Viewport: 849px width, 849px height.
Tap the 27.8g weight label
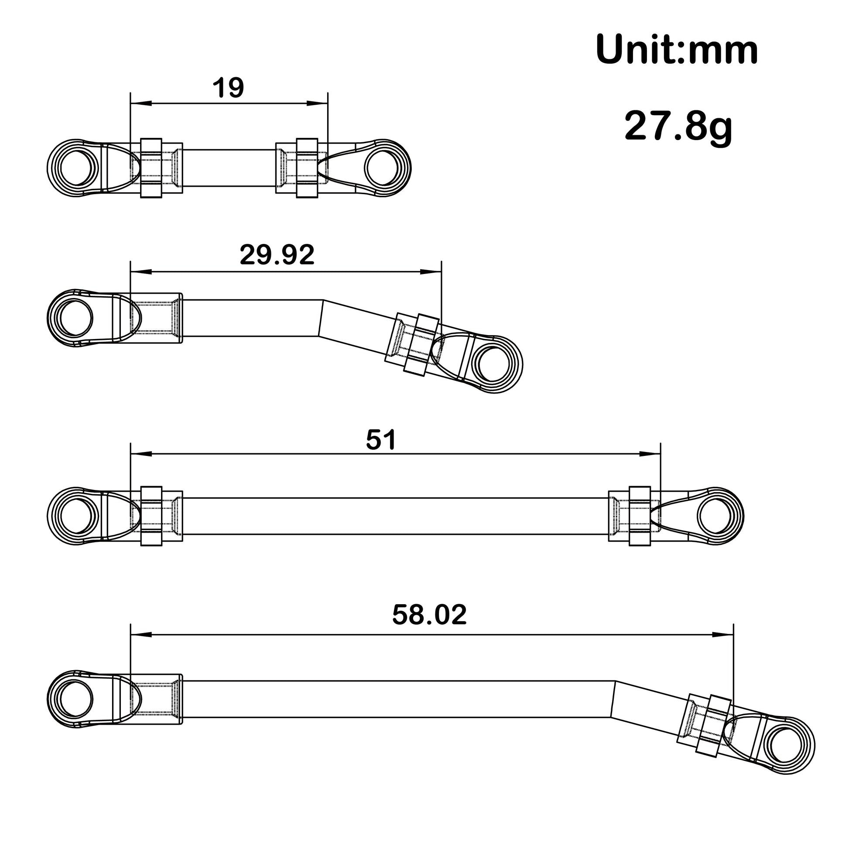pyautogui.click(x=678, y=126)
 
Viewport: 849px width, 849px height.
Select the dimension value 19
pyautogui.click(x=228, y=88)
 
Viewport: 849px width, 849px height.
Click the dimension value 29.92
pyautogui.click(x=277, y=254)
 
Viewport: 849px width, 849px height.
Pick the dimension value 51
pyautogui.click(x=380, y=440)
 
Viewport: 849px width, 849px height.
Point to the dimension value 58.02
pyautogui.click(x=429, y=615)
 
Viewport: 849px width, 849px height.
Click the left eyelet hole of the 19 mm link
pyautogui.click(x=76, y=168)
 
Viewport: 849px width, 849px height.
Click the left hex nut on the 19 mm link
pyautogui.click(x=151, y=168)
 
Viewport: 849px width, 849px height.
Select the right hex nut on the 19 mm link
pyautogui.click(x=307, y=168)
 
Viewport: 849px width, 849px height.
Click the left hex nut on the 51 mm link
pyautogui.click(x=151, y=517)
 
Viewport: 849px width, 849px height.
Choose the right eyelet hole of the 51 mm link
pyautogui.click(x=713, y=517)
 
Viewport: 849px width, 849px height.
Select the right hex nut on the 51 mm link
pyautogui.click(x=640, y=517)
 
